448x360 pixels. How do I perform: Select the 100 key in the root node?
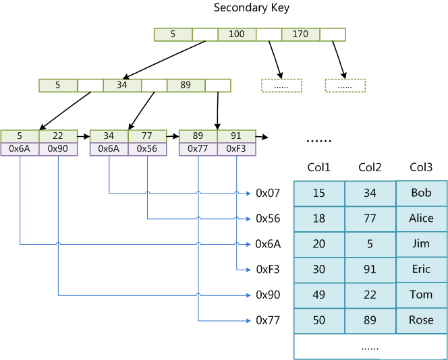click(237, 34)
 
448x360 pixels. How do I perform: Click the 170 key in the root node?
click(300, 34)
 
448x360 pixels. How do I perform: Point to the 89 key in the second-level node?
click(186, 86)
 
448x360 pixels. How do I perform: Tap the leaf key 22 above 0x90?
click(58, 136)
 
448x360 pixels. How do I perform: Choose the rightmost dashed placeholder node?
click(345, 86)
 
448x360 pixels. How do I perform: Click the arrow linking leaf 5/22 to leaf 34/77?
click(84, 136)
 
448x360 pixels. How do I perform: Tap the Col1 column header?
click(318, 167)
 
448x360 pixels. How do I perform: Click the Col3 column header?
click(421, 167)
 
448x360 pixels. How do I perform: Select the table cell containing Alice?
click(421, 218)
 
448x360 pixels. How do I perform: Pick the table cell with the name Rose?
click(421, 320)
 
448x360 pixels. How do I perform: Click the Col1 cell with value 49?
click(318, 295)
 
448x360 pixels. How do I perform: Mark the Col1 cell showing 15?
click(318, 193)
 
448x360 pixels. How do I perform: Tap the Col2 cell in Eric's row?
click(370, 269)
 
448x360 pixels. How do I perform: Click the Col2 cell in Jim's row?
click(370, 244)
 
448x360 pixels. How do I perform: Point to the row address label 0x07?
click(267, 193)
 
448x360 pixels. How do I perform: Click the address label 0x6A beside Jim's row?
click(267, 244)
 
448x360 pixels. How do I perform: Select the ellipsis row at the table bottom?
click(370, 347)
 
